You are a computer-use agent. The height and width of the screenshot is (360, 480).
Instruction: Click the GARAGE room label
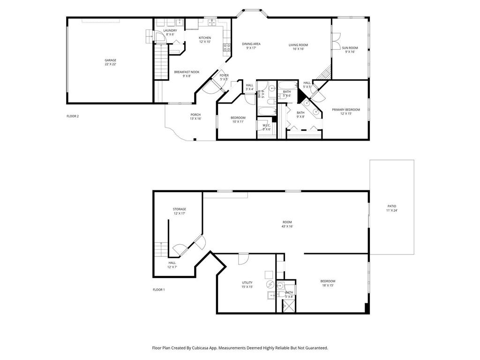click(x=110, y=60)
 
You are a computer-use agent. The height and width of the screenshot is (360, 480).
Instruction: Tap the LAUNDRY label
click(x=170, y=30)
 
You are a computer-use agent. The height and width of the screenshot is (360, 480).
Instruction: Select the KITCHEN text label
click(x=205, y=38)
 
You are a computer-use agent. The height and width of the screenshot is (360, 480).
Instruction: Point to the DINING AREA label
click(x=251, y=44)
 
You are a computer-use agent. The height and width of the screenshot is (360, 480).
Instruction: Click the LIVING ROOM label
click(x=298, y=45)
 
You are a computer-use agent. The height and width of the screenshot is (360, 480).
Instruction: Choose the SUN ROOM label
click(x=350, y=48)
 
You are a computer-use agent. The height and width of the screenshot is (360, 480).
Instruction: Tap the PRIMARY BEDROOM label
click(x=346, y=110)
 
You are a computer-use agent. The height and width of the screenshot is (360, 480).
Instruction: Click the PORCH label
click(x=195, y=115)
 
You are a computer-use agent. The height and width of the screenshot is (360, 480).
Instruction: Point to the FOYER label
click(x=224, y=75)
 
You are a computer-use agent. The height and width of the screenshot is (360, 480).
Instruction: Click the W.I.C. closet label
click(x=267, y=125)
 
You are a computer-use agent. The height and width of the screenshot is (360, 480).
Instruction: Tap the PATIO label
click(x=392, y=206)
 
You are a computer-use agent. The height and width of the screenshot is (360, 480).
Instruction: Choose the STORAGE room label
click(x=180, y=209)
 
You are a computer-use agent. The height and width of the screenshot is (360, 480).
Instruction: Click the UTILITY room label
click(x=247, y=283)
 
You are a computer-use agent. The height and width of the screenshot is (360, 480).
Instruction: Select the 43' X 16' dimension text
click(x=287, y=226)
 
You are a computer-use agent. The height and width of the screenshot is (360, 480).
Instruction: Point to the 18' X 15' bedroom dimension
click(x=328, y=285)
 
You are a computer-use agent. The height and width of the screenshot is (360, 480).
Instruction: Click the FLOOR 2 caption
click(x=72, y=116)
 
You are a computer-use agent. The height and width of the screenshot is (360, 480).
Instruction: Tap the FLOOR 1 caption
click(x=159, y=290)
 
